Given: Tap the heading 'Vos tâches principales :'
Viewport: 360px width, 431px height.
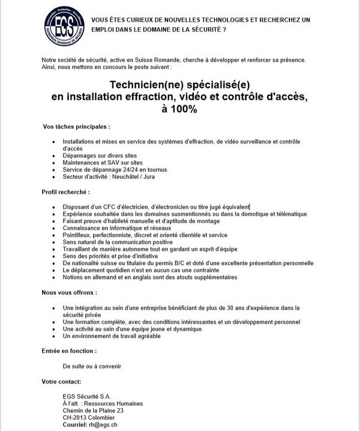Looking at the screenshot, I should [x=77, y=127].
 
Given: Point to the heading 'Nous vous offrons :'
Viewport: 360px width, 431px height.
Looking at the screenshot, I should [x=70, y=293].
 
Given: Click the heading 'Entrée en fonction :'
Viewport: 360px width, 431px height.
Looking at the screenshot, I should [x=70, y=351].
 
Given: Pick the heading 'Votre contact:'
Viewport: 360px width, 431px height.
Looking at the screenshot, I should [x=61, y=382].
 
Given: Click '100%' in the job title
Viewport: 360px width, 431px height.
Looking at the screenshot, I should [x=180, y=109].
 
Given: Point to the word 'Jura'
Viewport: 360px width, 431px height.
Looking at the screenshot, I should [x=148, y=176].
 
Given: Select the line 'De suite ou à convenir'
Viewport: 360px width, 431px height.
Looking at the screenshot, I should [x=92, y=367].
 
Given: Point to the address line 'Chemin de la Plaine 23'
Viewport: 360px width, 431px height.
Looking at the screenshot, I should [x=93, y=410].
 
